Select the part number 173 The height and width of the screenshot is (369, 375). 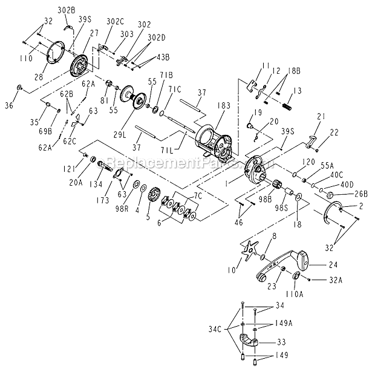coord(104,199)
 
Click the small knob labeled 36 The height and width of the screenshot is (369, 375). coord(21,89)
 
